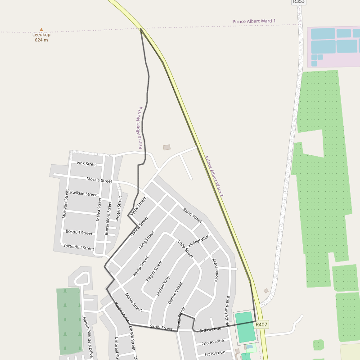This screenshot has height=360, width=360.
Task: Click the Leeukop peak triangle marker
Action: tap(41, 30)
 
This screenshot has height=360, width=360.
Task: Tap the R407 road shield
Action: tap(261, 324)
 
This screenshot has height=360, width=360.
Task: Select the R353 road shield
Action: tap(299, 2)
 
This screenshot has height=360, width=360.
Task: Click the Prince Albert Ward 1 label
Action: tap(254, 21)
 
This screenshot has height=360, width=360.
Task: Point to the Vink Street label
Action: tap(87, 164)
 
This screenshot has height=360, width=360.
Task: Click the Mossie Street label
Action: tap(99, 180)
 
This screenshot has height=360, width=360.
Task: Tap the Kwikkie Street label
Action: tap(83, 193)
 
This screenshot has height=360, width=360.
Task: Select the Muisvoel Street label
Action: tap(66, 204)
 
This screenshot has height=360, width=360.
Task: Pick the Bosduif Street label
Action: tap(79, 233)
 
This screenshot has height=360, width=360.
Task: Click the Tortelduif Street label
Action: tap(79, 247)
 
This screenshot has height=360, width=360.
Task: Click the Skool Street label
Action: tap(161, 328)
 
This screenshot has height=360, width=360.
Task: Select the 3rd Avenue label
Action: tap(210, 330)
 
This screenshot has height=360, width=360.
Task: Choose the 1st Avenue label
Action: tap(214, 353)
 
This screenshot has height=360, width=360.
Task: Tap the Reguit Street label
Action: tap(154, 271)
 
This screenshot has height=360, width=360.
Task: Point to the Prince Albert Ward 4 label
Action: tap(141, 128)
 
